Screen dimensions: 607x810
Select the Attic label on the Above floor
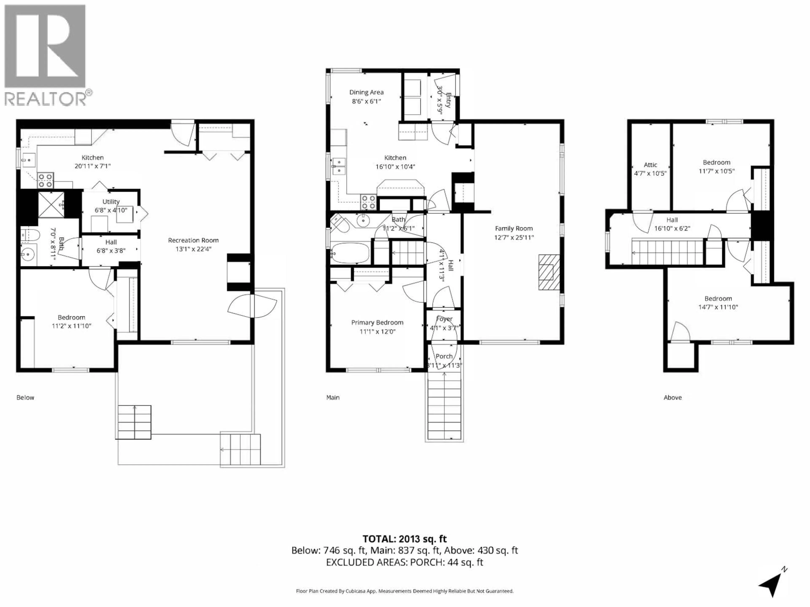(650, 165)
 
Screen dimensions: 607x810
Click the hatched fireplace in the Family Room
(549, 272)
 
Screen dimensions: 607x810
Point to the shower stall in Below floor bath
(51, 204)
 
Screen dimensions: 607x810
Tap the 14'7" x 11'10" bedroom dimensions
(718, 307)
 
